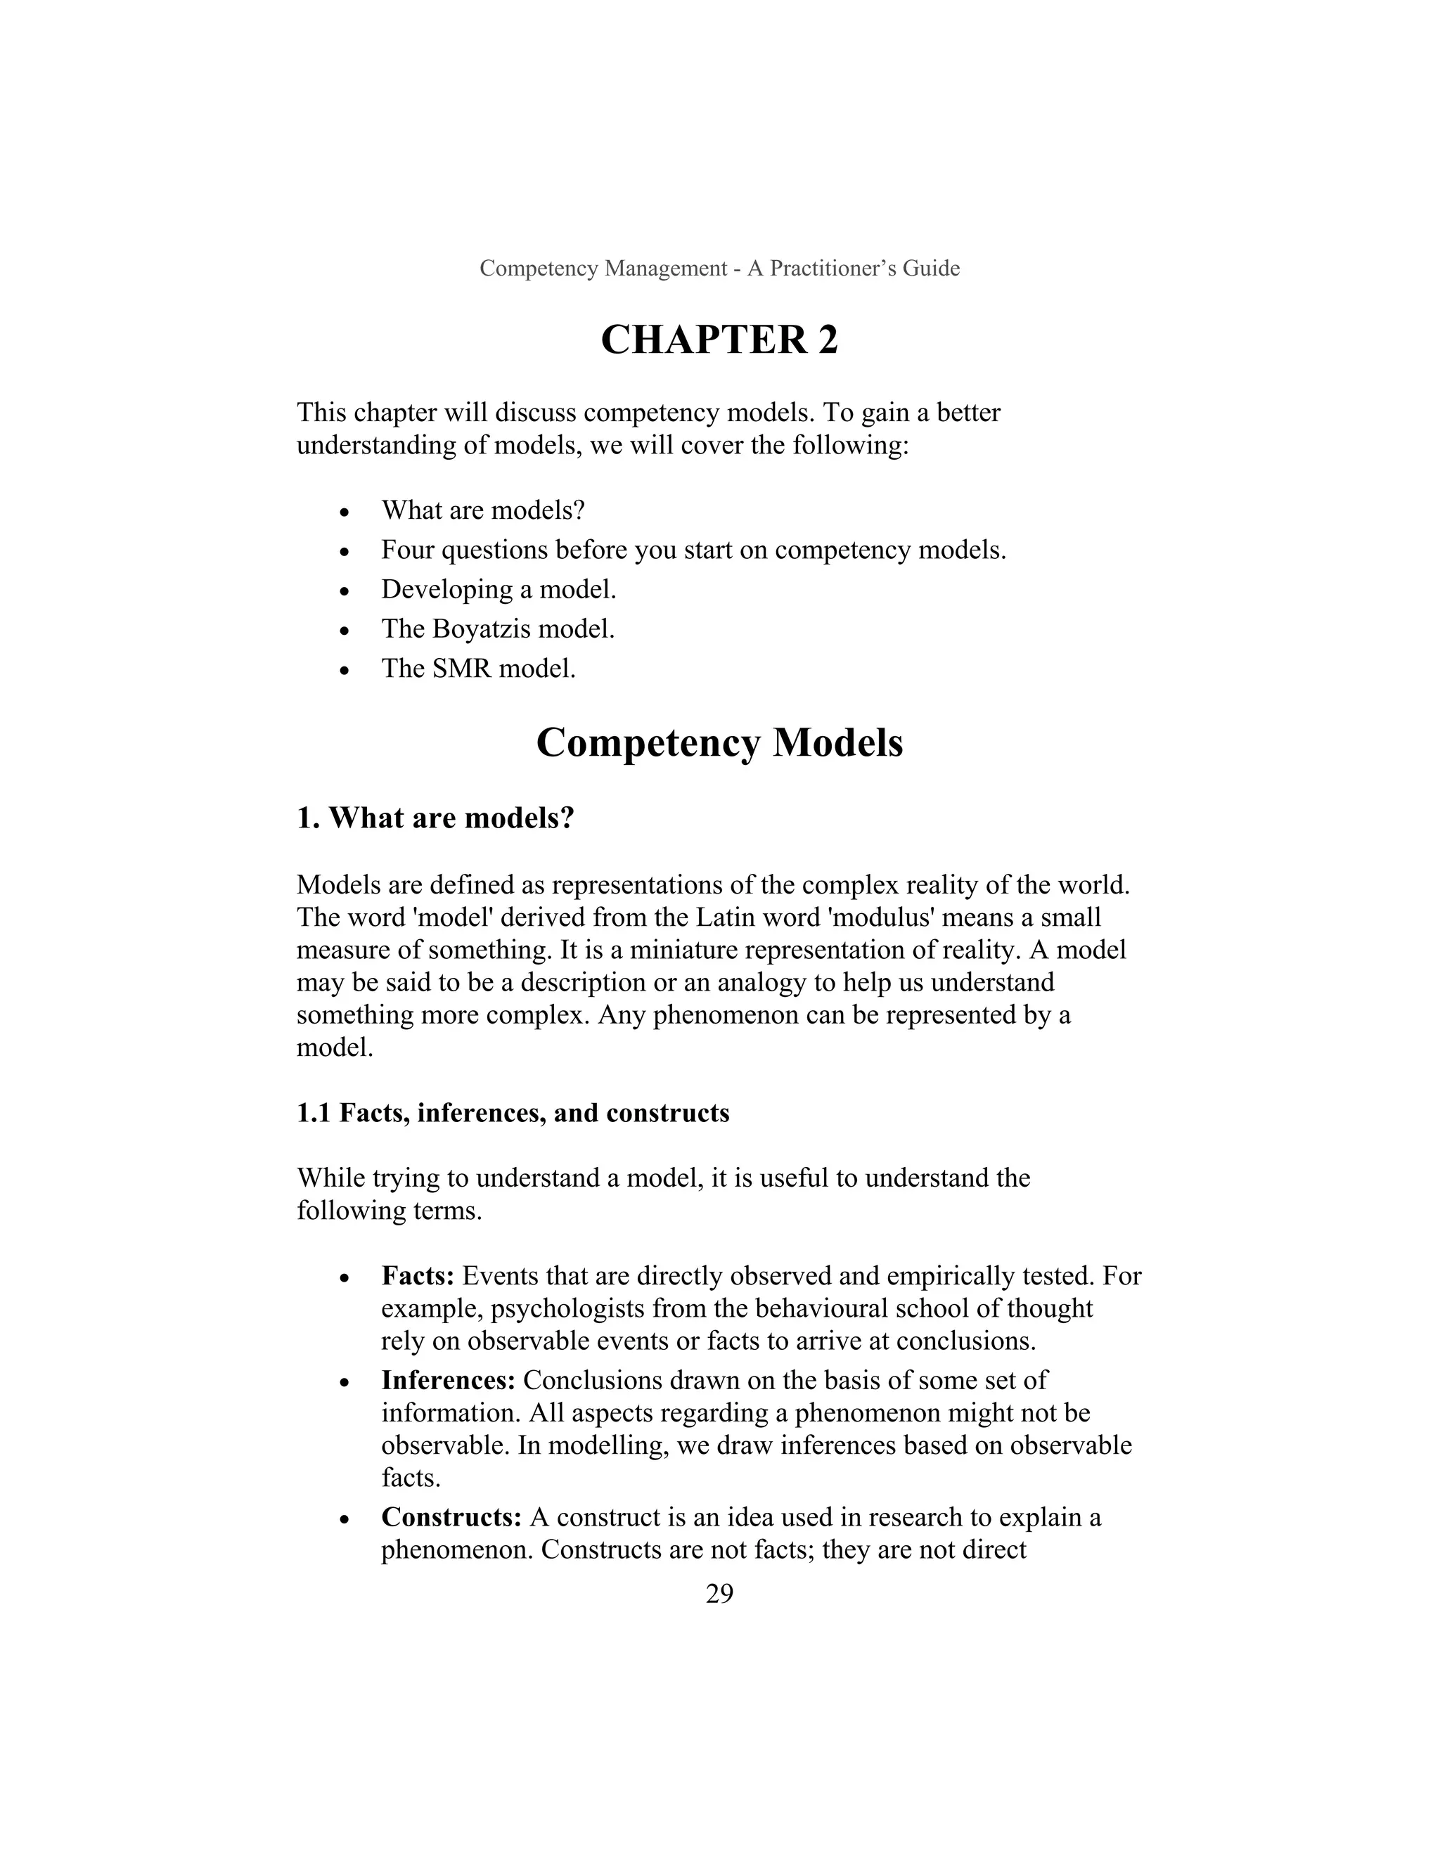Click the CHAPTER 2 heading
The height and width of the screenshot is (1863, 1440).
[x=719, y=340]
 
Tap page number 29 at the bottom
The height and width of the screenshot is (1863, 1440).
[x=719, y=1592]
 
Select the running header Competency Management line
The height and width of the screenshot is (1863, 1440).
[x=719, y=268]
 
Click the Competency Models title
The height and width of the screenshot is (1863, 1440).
[x=719, y=742]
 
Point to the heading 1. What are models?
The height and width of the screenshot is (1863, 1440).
[x=435, y=818]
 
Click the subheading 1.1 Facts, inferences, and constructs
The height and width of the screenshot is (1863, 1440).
[x=513, y=1112]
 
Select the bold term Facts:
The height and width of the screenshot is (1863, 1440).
[x=417, y=1275]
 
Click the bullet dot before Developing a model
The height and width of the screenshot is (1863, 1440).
[x=344, y=591]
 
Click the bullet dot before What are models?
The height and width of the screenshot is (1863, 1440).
[x=344, y=513]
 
